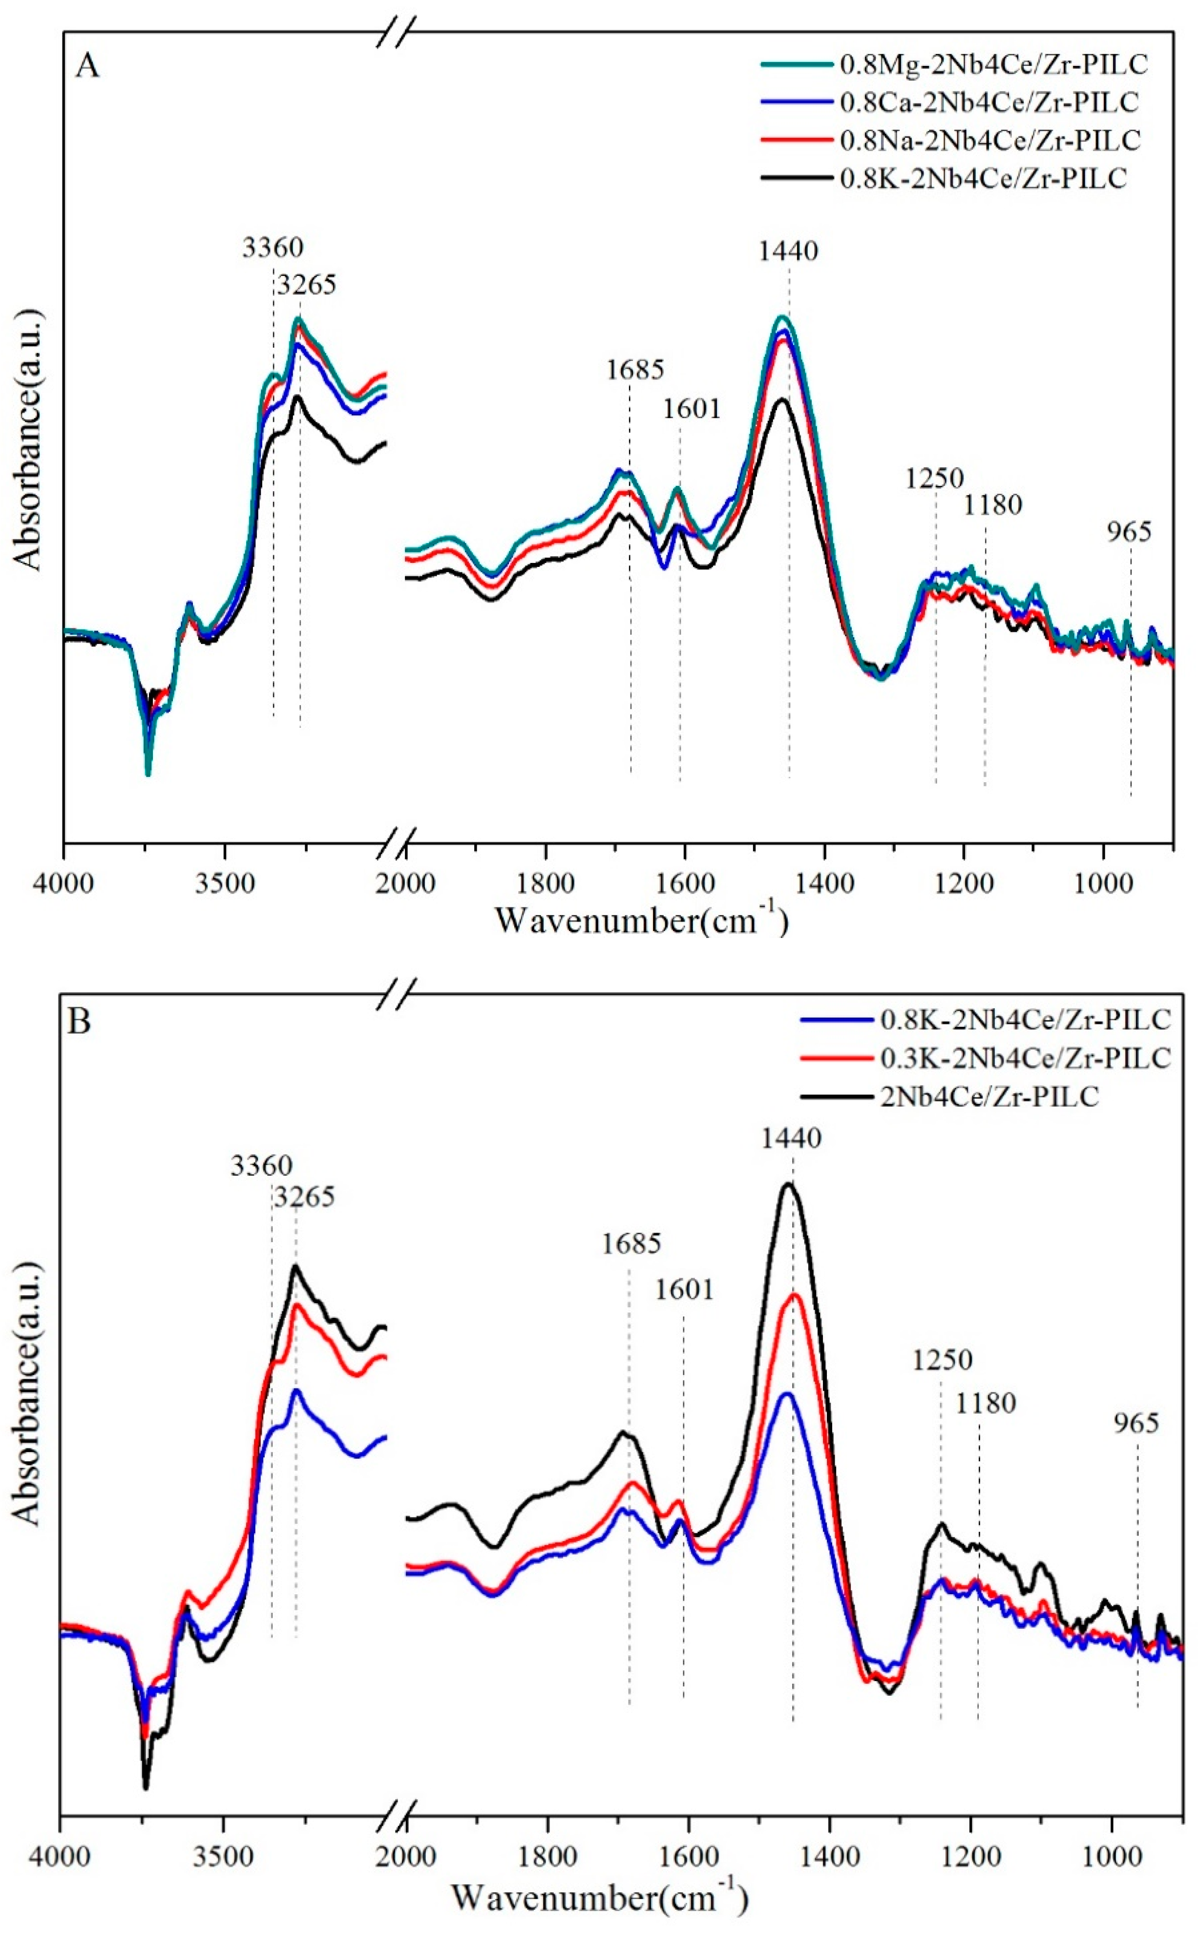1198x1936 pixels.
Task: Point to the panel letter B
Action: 79,1022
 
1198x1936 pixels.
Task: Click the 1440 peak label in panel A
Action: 788,251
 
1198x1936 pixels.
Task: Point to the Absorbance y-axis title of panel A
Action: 28,439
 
